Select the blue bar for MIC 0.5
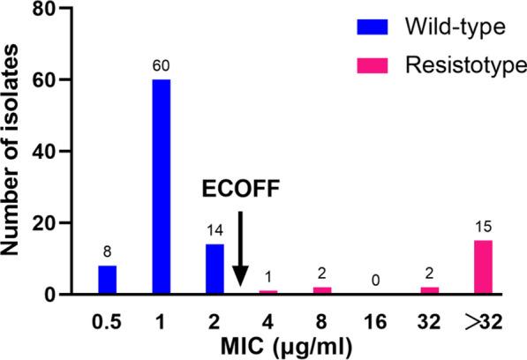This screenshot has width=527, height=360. tap(107, 280)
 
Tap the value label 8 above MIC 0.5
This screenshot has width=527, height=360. tap(107, 252)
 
